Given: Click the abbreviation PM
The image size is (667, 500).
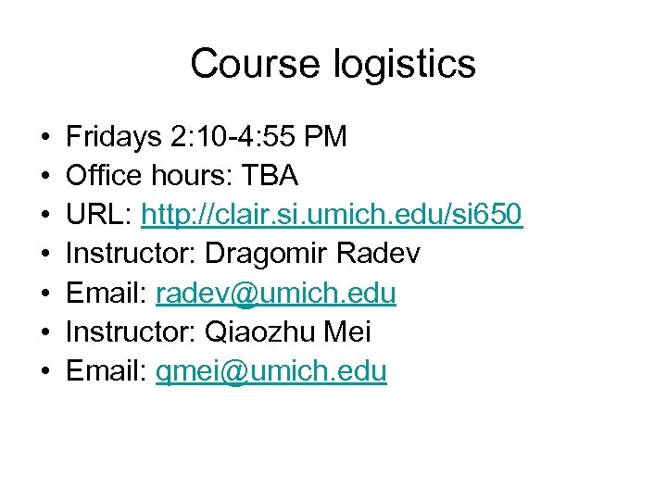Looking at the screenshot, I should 325,137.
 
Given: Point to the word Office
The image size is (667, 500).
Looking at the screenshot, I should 100,176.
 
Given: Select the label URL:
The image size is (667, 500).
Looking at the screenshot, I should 98,215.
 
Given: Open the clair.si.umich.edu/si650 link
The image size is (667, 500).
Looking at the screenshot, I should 332,216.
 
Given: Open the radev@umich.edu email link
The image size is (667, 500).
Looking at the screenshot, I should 276,294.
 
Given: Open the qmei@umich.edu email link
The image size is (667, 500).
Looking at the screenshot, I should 271,372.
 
